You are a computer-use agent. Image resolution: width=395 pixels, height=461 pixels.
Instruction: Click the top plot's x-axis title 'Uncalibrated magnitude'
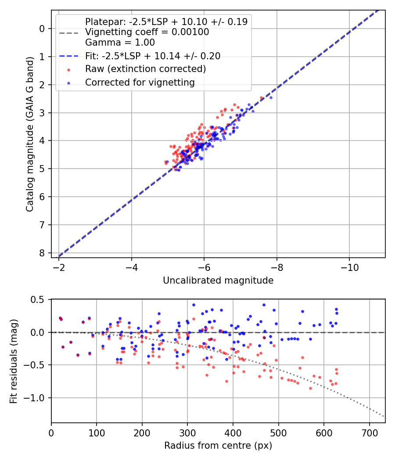pyautogui.click(x=218, y=281)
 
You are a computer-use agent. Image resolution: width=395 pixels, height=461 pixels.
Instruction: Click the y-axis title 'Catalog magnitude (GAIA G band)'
pyautogui.click(x=29, y=133)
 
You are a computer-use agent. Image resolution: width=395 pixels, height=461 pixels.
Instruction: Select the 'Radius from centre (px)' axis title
pyautogui.click(x=218, y=446)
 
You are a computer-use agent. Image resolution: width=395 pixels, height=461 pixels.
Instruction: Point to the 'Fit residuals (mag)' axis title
pyautogui.click(x=14, y=361)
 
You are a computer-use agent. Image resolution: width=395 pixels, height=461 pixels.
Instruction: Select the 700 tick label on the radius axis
pyautogui.click(x=369, y=432)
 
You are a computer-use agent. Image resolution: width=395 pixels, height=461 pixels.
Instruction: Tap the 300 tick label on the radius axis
pyautogui.click(x=187, y=432)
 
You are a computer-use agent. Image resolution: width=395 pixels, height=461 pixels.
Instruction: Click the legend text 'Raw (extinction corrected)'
pyautogui.click(x=145, y=69)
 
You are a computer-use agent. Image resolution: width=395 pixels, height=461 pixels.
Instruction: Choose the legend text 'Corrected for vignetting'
pyautogui.click(x=140, y=82)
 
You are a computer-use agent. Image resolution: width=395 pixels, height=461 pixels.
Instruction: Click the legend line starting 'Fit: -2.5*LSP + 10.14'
pyautogui.click(x=153, y=56)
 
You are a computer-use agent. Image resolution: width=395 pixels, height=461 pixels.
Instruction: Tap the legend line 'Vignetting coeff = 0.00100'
pyautogui.click(x=147, y=32)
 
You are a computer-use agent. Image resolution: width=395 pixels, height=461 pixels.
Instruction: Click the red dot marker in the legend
pyautogui.click(x=68, y=69)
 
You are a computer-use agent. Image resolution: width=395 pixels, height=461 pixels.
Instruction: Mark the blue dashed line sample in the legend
pyautogui.click(x=68, y=56)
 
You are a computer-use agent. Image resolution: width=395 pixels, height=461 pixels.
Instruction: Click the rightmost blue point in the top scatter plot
pyautogui.click(x=271, y=97)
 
